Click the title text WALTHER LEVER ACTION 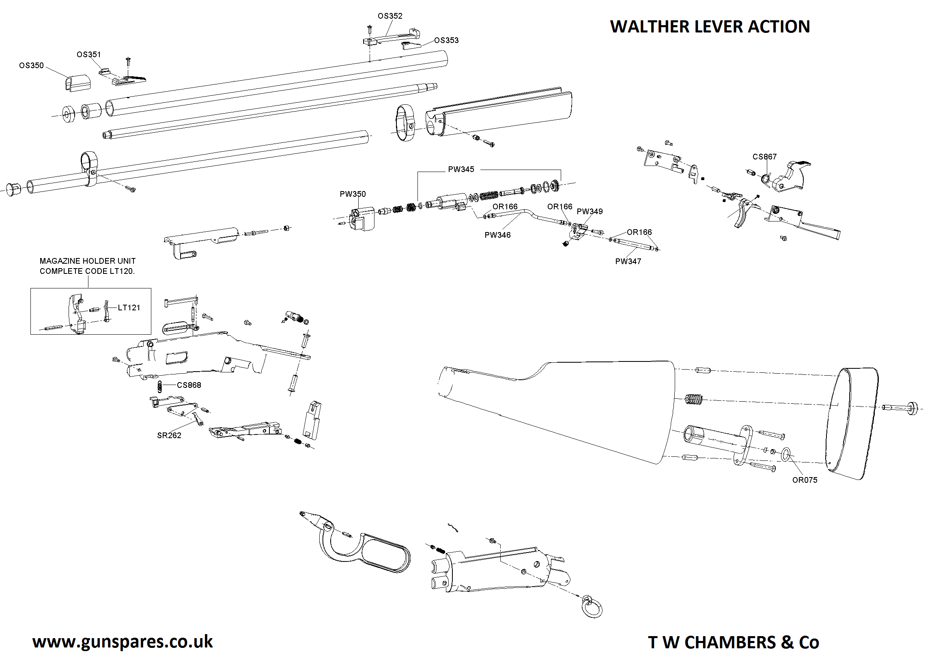pos(710,27)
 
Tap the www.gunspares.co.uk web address pos(123,642)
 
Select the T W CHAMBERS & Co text pos(733,643)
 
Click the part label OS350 pos(31,66)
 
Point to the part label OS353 pos(446,41)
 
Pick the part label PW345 pos(461,170)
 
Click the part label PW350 pos(353,194)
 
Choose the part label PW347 pos(628,262)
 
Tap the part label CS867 pos(764,157)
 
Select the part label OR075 pos(804,480)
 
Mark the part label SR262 pos(169,435)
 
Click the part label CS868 pos(189,385)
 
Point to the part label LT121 pos(129,308)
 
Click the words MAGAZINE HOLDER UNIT pos(88,261)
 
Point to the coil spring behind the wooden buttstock pos(694,400)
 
